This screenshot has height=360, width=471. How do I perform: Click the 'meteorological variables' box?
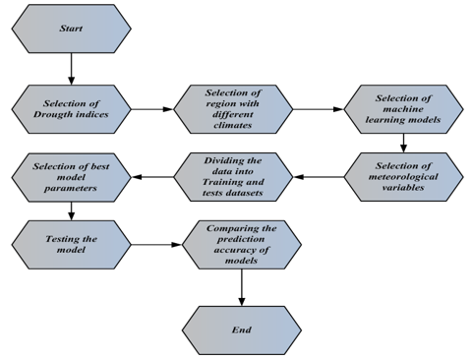click(403, 177)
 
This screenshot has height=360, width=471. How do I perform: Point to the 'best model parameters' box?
click(71, 177)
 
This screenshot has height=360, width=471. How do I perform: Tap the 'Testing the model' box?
click(71, 241)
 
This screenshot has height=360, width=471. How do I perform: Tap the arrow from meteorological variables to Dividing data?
click(321, 177)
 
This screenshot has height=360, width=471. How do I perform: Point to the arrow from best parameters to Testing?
click(71, 210)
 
